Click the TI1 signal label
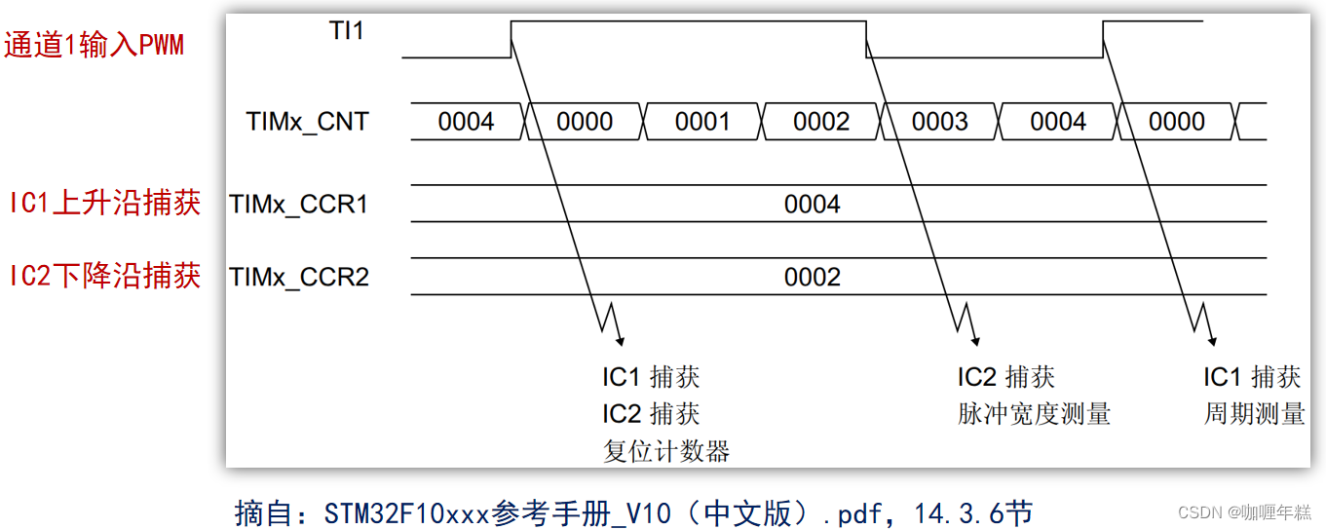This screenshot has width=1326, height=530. coord(346,31)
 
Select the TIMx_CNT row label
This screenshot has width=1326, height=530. coord(308,122)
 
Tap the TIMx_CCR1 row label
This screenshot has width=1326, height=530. coord(299,205)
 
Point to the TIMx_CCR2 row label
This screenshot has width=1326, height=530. coord(299,278)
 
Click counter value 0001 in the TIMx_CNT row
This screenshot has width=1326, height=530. coord(702,122)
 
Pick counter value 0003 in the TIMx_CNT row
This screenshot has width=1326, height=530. coord(939,122)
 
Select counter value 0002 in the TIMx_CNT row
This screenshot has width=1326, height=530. coord(821,122)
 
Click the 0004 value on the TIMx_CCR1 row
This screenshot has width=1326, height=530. coord(812,205)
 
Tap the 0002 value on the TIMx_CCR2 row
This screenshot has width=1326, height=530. coord(812,278)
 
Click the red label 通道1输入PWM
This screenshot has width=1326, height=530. coord(95,46)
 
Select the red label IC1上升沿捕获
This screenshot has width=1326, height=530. coord(105,203)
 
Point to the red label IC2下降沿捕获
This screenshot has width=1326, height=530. coord(105,277)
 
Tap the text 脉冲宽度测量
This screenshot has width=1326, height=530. coord(1034,414)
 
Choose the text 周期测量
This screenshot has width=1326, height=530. coord(1254,414)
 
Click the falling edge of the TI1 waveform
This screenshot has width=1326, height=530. coord(866,39)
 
